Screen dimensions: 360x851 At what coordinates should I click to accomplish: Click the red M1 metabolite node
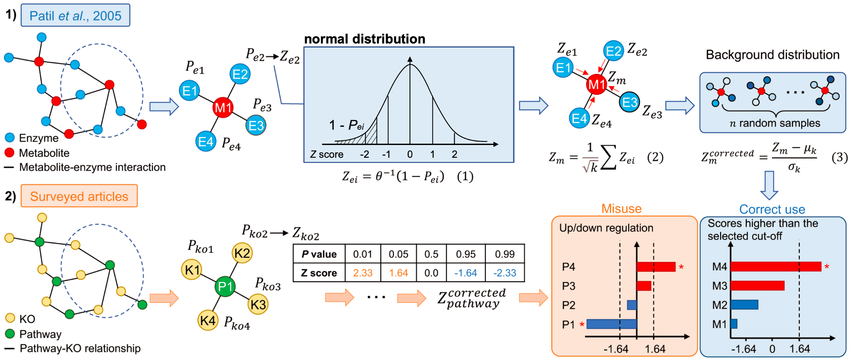223,107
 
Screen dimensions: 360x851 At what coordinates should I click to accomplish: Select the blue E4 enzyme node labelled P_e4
206,142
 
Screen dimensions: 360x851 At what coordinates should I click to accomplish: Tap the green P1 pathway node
225,287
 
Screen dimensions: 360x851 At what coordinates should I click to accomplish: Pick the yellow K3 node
258,304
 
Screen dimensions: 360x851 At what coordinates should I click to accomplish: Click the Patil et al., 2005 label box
75,15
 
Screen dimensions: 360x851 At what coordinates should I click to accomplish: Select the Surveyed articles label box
79,196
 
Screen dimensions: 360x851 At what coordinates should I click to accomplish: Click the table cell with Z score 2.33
363,273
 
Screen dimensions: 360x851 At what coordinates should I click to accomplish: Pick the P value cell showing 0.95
465,254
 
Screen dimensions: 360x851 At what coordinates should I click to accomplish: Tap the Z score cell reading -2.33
504,273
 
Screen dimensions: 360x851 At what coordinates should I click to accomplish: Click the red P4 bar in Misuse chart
656,267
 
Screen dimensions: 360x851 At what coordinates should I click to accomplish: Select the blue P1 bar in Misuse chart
611,324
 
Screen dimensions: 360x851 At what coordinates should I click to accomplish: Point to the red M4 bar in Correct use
775,267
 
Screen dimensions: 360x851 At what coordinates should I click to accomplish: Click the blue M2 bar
744,304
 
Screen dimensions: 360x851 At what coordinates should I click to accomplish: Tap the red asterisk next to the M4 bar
827,267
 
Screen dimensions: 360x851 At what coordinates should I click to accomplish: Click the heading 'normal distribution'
364,39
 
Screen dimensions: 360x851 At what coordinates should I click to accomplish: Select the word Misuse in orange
621,209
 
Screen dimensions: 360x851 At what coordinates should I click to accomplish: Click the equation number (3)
839,157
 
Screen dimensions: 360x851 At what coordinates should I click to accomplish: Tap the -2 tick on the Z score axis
364,154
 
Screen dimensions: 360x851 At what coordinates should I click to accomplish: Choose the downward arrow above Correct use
769,185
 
